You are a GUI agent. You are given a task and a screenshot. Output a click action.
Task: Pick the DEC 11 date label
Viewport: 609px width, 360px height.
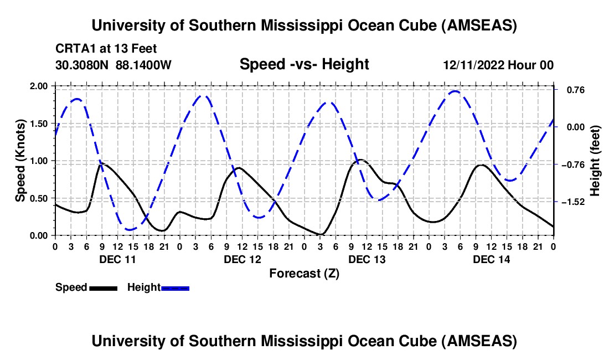tap(117, 259)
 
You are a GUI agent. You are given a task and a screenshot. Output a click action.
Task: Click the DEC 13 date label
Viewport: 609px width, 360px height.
tap(367, 259)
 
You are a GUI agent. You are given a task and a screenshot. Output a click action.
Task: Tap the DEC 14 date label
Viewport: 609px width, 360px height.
tap(491, 259)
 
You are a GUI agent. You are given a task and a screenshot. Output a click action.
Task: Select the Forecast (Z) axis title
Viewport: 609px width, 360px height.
tap(304, 273)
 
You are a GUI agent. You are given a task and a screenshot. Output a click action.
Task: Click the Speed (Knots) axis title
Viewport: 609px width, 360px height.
tap(20, 160)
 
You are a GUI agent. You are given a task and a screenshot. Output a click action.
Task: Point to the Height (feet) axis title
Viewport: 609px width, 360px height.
tap(596, 160)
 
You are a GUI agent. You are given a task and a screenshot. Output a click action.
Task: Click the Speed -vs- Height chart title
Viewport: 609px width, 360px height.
tap(304, 64)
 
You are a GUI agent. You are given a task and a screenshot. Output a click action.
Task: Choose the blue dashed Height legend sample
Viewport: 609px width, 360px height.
tap(175, 287)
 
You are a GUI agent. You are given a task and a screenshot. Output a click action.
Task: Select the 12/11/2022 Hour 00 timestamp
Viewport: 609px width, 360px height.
tap(498, 65)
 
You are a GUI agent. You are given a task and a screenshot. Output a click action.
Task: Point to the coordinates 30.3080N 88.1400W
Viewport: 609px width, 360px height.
tap(113, 65)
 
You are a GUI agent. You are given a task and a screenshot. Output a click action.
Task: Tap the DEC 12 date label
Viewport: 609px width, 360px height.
tap(242, 259)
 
